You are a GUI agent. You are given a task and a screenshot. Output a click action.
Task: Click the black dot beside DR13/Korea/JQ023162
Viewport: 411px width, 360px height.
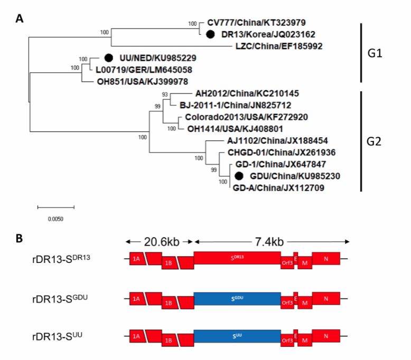point(210,34)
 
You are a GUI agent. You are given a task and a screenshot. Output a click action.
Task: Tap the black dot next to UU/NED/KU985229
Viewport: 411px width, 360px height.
point(109,58)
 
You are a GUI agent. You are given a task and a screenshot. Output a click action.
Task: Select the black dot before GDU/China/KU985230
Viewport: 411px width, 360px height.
point(239,176)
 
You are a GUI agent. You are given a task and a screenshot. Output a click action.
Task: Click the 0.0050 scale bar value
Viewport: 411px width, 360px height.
point(55,217)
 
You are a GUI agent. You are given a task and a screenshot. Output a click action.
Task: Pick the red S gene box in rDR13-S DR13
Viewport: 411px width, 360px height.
point(237,258)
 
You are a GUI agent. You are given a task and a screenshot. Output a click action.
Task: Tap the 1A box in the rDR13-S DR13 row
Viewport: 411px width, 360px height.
point(136,259)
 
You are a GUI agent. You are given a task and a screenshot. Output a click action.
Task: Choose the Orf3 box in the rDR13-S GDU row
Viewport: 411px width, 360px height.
point(287,304)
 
